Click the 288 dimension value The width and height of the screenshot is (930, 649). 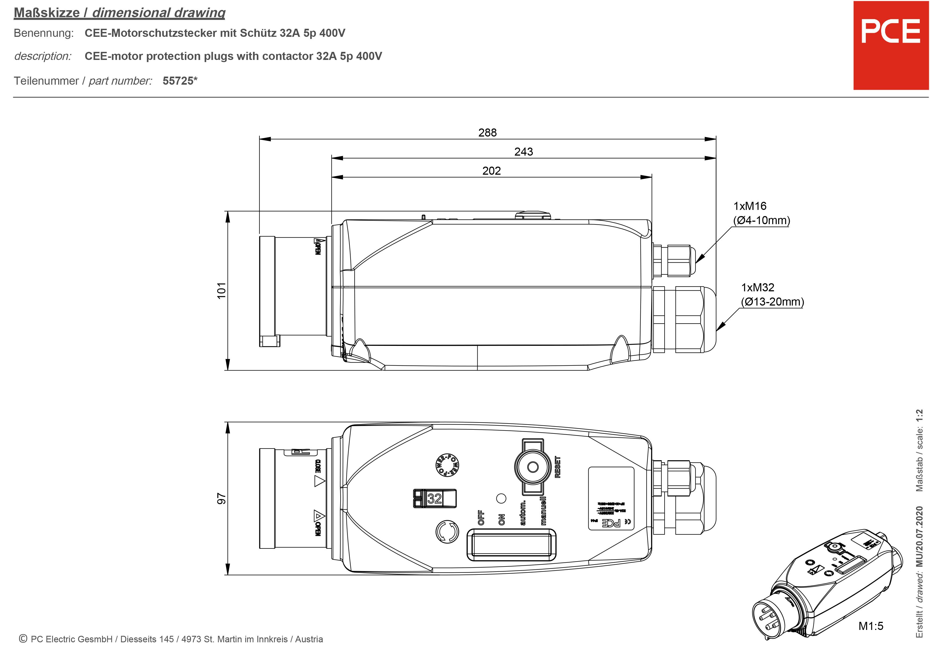pyautogui.click(x=487, y=132)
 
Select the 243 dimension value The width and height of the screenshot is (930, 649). pyautogui.click(x=523, y=152)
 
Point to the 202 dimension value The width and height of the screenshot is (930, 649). pyautogui.click(x=491, y=171)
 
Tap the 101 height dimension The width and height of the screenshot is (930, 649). pyautogui.click(x=221, y=291)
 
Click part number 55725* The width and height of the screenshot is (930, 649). pyautogui.click(x=180, y=81)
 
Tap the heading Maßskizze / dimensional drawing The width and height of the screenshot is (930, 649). pyautogui.click(x=120, y=13)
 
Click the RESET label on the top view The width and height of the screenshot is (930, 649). pyautogui.click(x=558, y=467)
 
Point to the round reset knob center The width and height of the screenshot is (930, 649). pyautogui.click(x=533, y=467)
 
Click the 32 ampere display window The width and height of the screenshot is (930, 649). pyautogui.click(x=435, y=498)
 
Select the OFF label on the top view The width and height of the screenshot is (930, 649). pyautogui.click(x=481, y=518)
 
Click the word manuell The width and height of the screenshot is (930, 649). pyautogui.click(x=543, y=511)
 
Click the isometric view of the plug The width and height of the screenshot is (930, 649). pyautogui.click(x=826, y=587)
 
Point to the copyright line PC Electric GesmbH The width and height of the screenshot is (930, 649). pyautogui.click(x=171, y=639)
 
